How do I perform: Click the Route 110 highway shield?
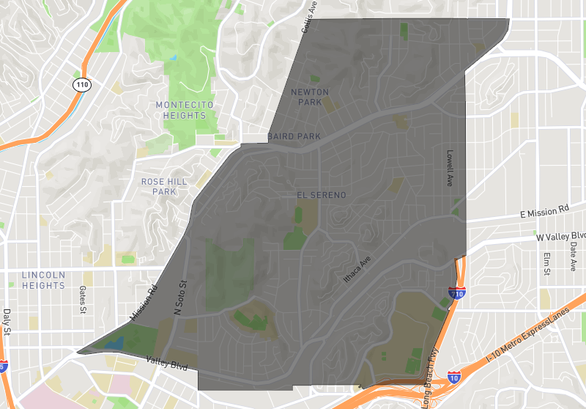[x=81, y=84]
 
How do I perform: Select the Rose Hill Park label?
[x=159, y=186]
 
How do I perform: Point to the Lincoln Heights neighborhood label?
[x=43, y=280]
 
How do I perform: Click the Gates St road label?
[x=84, y=300]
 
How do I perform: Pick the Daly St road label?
[x=7, y=323]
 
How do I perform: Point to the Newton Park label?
[x=310, y=97]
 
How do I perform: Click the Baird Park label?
[x=294, y=137]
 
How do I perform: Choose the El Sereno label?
[x=321, y=195]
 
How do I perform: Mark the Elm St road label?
[x=546, y=264]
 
